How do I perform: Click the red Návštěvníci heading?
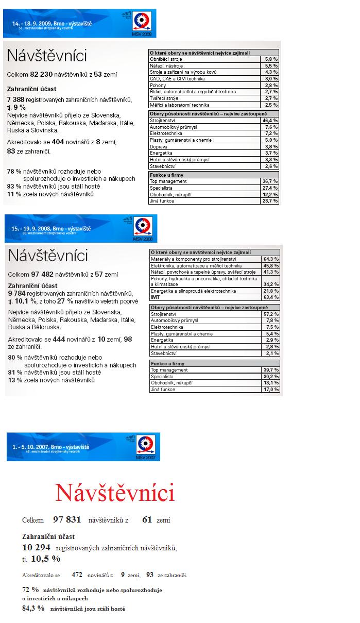click(x=115, y=493)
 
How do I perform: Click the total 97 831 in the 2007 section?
click(x=67, y=520)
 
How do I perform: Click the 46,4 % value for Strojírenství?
click(x=270, y=120)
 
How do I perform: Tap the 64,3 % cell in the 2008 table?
click(x=271, y=259)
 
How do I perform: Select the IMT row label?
click(x=155, y=297)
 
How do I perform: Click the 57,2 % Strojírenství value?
click(x=271, y=314)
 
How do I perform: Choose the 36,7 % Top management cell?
click(x=270, y=181)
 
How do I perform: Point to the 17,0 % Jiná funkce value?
click(x=271, y=390)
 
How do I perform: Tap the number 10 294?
click(x=36, y=547)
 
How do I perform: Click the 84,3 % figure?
click(x=33, y=608)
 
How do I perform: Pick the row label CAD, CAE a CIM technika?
click(x=177, y=79)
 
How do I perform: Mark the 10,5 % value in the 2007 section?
click(x=46, y=559)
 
